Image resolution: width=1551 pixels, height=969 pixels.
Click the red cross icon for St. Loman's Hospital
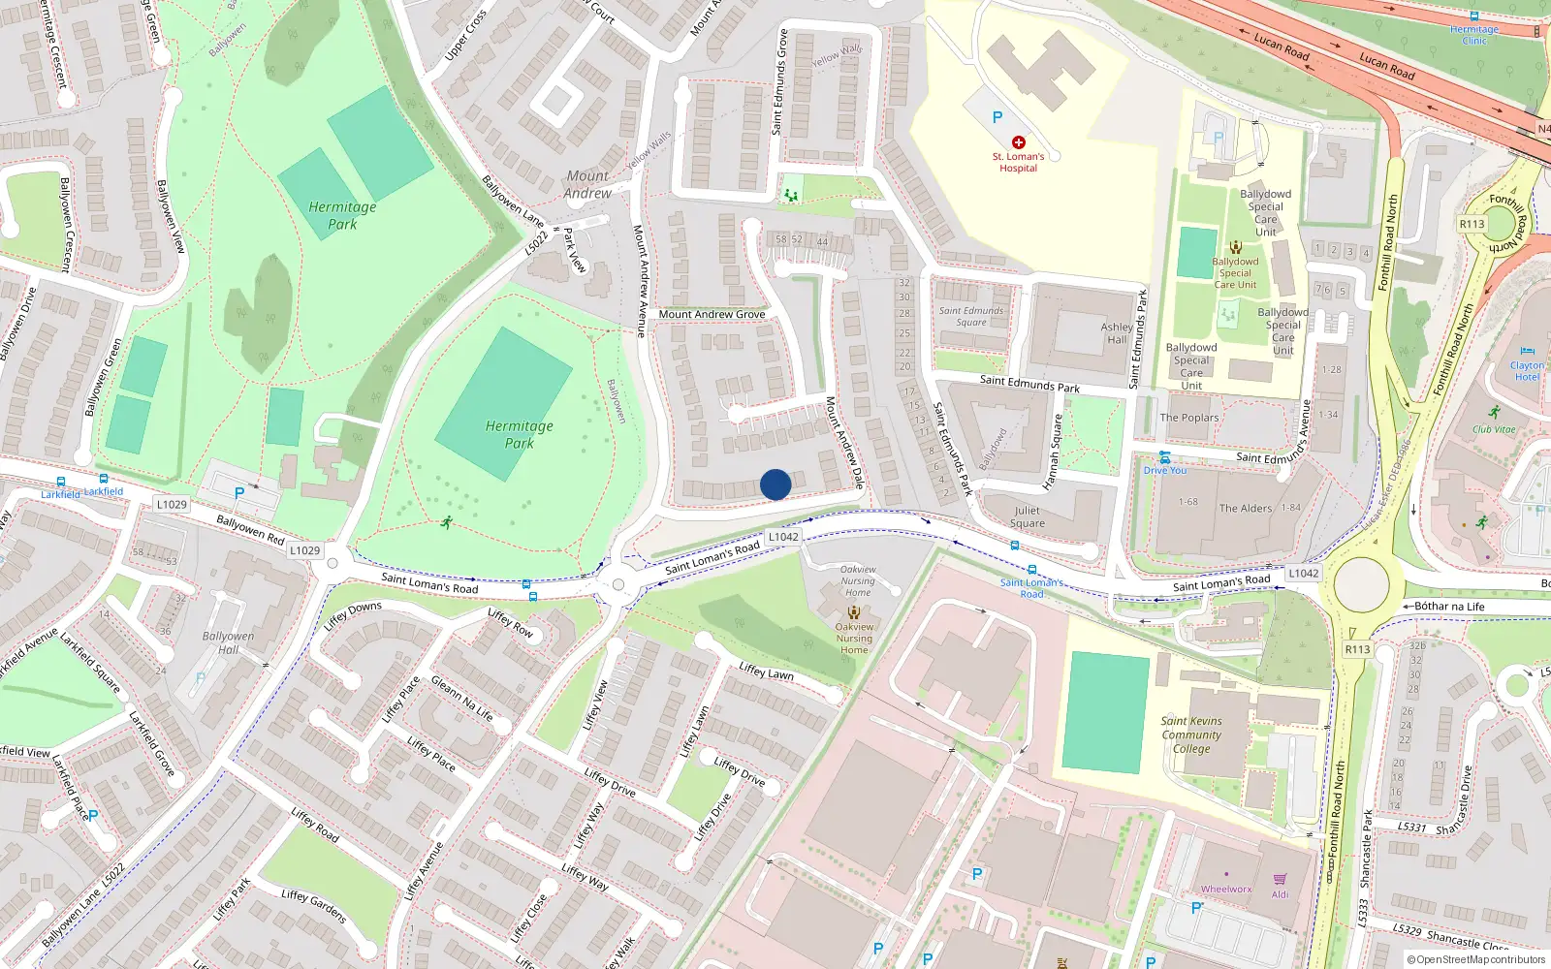coord(1018,142)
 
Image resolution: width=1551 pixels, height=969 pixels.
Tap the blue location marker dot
coord(775,484)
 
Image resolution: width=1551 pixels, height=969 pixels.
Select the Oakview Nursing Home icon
coord(853,612)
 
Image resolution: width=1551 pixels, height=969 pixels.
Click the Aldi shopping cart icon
coord(1280,880)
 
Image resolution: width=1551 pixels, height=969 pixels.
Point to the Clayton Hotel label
coord(1527,371)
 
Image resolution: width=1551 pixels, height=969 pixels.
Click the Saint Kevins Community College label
coord(1191,735)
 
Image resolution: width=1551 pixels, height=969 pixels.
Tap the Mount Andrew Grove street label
coord(712,314)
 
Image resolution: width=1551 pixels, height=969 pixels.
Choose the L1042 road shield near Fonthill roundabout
coord(1303,573)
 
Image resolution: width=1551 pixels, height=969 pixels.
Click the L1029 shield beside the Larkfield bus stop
coord(172,504)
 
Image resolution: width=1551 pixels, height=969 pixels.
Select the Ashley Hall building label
coord(1117,333)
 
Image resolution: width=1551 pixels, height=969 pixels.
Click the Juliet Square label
coord(1028,516)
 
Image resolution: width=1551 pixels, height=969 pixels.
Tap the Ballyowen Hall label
coord(228,642)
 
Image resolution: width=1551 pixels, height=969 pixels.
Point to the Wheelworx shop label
coord(1226,889)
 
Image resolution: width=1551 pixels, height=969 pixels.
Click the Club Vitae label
coord(1494,429)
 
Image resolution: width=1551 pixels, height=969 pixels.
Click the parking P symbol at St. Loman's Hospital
coord(997,117)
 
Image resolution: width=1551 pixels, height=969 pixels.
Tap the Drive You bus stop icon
coord(1164,457)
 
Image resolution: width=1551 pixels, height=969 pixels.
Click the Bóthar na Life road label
coord(1449,607)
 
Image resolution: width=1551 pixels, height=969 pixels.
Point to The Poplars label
coord(1189,418)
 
